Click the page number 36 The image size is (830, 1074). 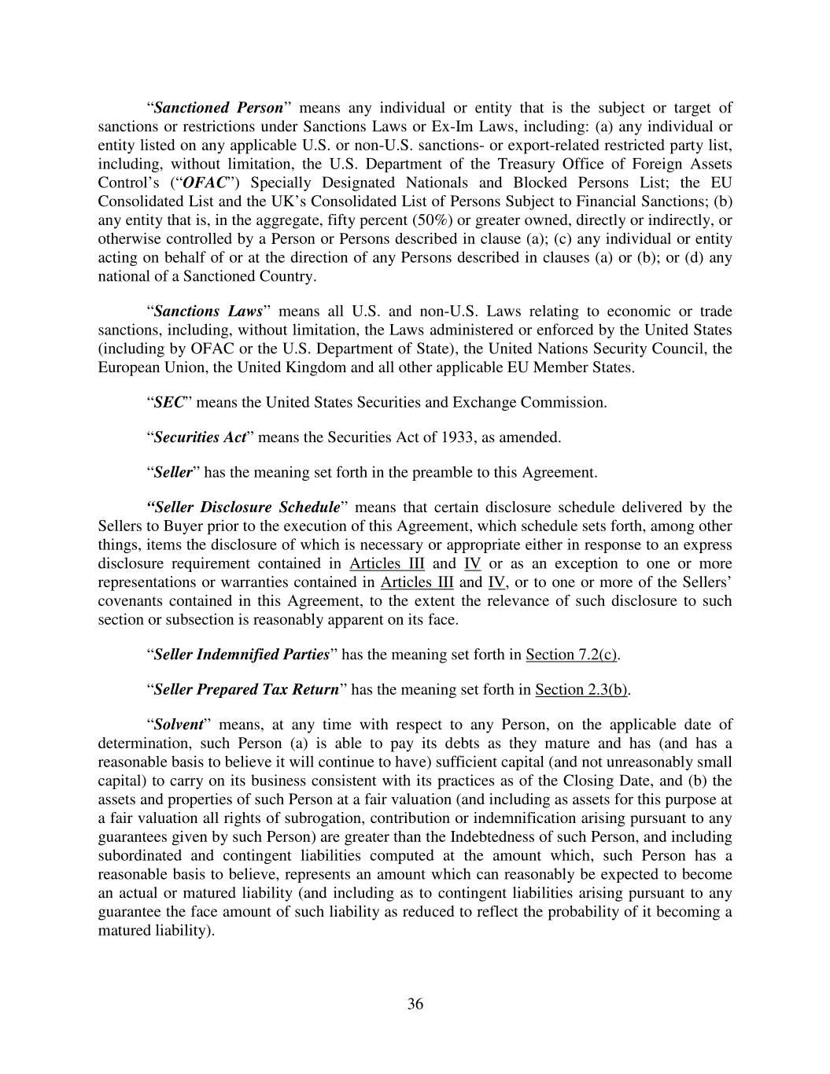tap(415, 1004)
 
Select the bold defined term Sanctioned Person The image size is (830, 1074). tap(218, 108)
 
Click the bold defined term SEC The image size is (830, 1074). tap(168, 402)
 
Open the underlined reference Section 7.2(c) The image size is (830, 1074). tap(572, 655)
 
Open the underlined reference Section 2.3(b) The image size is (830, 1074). tap(582, 689)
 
